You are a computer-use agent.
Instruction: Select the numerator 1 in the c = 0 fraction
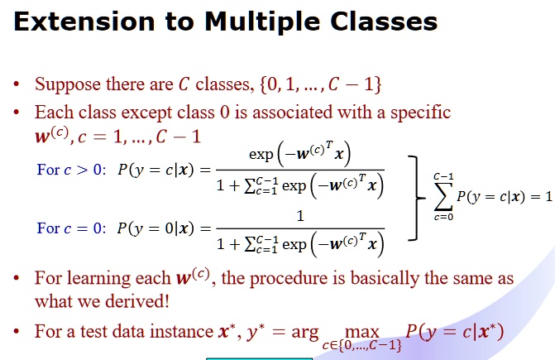click(x=300, y=216)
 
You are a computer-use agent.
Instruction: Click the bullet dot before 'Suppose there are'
click(x=19, y=86)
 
